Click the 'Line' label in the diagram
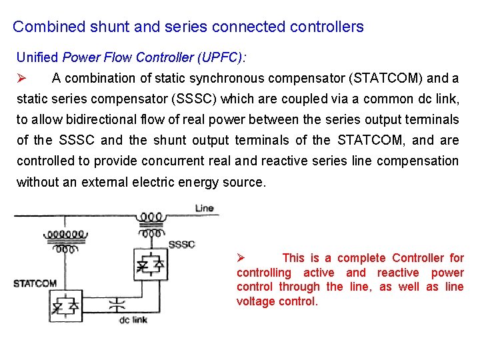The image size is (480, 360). (x=204, y=208)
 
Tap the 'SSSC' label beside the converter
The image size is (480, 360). (x=181, y=244)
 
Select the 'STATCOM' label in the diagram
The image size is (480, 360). (x=35, y=283)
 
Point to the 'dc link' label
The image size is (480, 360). (x=133, y=321)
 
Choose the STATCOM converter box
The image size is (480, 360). (x=65, y=305)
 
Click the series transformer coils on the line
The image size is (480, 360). (x=151, y=223)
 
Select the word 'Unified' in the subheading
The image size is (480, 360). (x=37, y=57)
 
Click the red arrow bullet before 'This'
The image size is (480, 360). (x=243, y=258)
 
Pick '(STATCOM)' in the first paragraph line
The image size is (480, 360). (x=386, y=78)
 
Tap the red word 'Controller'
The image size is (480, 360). (x=419, y=258)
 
